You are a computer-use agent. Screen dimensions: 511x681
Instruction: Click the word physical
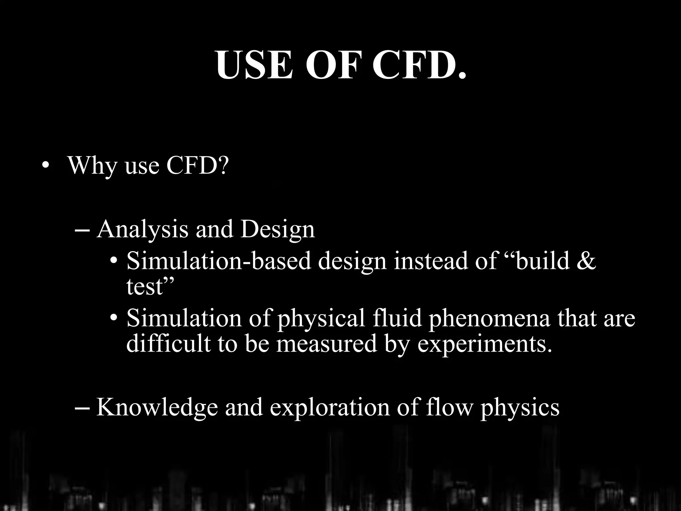tap(321, 319)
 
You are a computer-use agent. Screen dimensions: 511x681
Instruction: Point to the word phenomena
tap(489, 319)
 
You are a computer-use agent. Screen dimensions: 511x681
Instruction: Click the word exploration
tap(329, 408)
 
